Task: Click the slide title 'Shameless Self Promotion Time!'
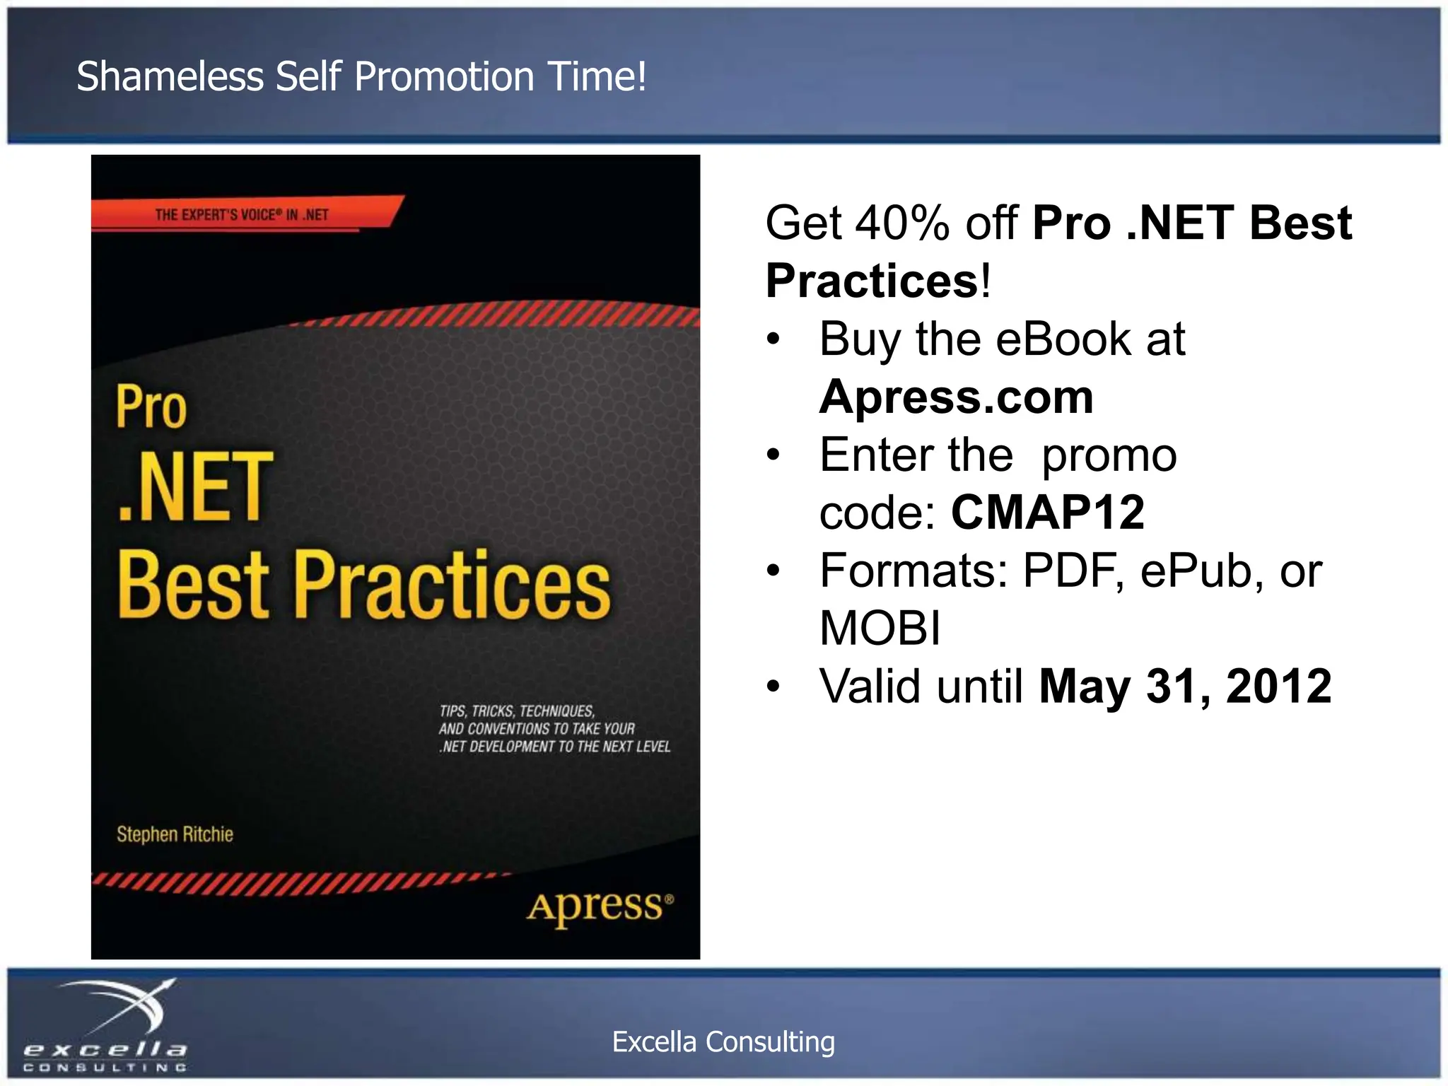361,76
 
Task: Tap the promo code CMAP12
1047,513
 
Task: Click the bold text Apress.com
956,397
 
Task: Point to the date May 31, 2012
1185,686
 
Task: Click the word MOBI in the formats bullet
880,628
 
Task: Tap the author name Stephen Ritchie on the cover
175,834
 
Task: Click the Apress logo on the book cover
600,907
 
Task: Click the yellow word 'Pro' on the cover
151,407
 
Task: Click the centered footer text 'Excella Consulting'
723,1042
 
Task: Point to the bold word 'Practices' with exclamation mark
877,281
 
